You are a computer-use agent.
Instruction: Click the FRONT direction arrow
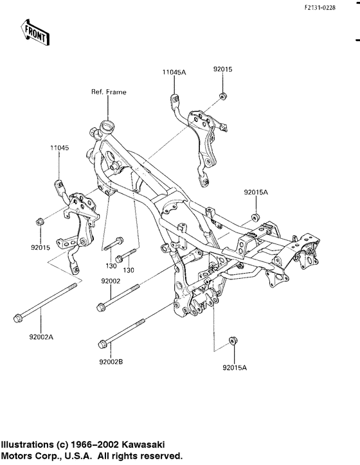pos(35,33)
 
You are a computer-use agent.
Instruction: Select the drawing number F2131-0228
pos(319,8)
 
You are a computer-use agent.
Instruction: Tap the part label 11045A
pos(174,72)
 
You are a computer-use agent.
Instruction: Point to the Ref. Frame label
pos(109,92)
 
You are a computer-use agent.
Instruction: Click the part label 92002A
pos(41,337)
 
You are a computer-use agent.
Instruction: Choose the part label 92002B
pos(111,362)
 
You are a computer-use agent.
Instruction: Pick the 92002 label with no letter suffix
pos(111,281)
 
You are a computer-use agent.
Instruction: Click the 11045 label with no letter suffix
pos(59,148)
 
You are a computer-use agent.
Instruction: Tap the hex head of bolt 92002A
pos(17,318)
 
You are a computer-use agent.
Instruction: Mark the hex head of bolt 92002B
pos(102,344)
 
